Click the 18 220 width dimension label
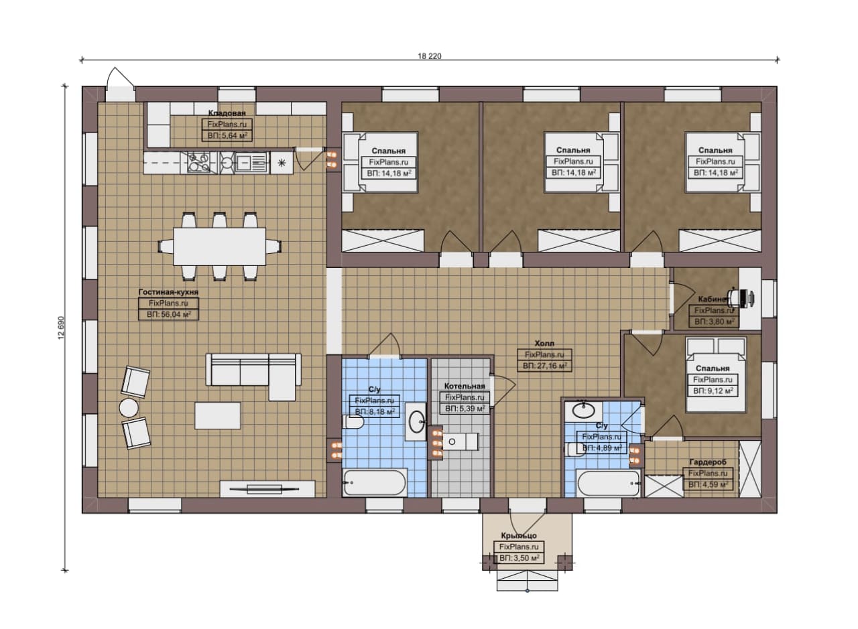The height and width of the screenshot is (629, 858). [x=430, y=56]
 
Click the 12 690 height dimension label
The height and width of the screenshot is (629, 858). [x=61, y=328]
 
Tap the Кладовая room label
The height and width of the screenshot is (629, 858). [x=227, y=113]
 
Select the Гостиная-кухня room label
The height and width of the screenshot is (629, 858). [x=168, y=292]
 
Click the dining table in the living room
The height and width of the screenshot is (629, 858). [x=220, y=247]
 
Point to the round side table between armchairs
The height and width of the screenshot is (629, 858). [x=129, y=408]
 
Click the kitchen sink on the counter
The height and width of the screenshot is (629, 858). [x=251, y=162]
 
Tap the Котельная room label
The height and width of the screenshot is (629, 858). [x=465, y=387]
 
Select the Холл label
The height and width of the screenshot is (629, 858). [x=544, y=344]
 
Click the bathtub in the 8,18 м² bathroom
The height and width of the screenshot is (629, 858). [x=375, y=483]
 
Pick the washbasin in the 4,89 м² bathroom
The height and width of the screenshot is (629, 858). [x=584, y=411]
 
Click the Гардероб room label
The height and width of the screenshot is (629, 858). [x=708, y=462]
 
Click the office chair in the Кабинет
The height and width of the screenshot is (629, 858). [x=737, y=297]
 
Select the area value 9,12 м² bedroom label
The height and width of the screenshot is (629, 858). [x=713, y=391]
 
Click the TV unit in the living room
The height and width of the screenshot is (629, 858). [x=267, y=489]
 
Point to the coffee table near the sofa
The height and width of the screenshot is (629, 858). [x=218, y=415]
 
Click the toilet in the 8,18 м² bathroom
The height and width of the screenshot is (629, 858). [x=353, y=422]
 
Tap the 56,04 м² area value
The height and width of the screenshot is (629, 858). [x=168, y=315]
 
